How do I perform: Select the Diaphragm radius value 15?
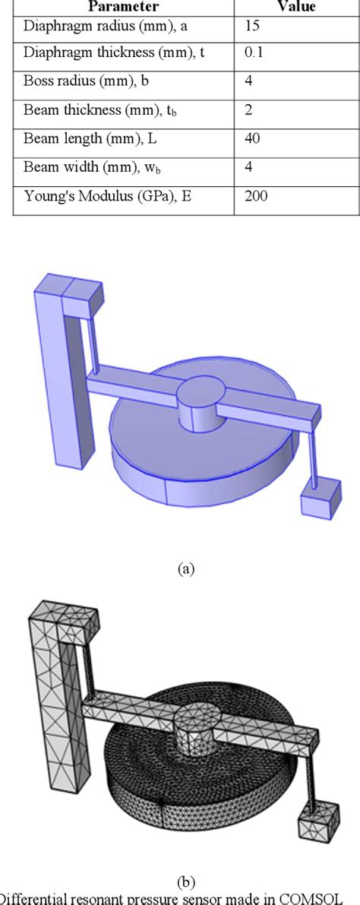252,26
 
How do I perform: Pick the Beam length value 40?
252,139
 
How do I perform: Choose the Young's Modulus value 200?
255,196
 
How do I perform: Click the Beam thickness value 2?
248,111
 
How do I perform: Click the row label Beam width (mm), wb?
85,168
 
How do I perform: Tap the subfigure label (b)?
186,882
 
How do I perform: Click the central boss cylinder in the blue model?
201,407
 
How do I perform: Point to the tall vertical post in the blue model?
52,380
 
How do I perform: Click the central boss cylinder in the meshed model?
197,726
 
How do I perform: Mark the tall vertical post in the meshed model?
45,699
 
